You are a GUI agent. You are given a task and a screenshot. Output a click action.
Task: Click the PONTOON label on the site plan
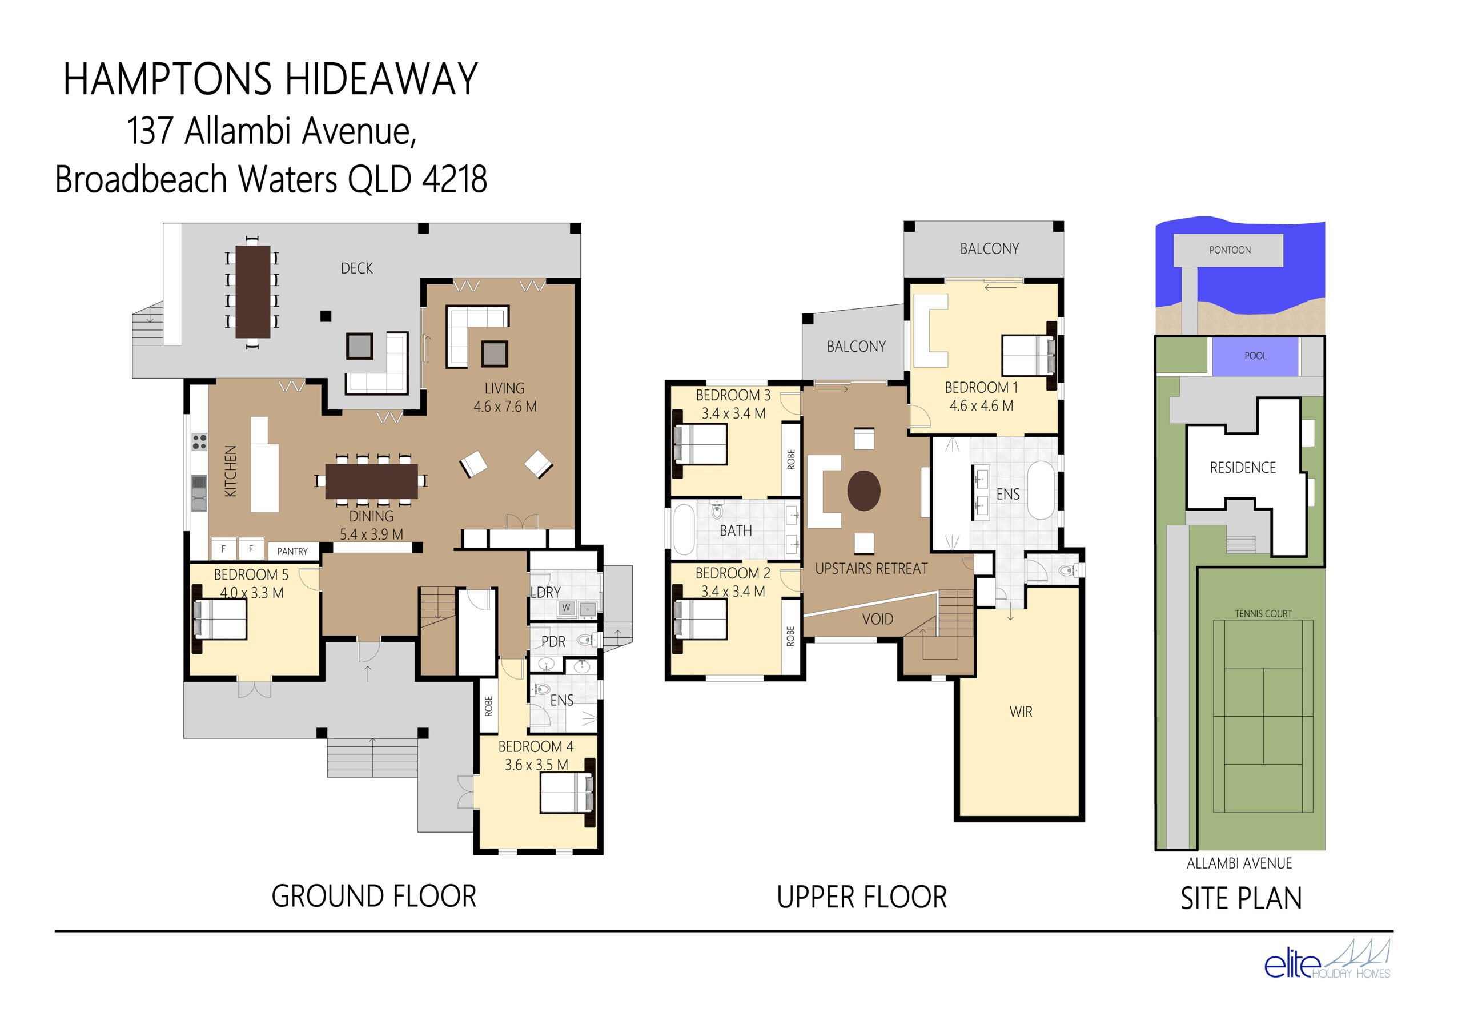[x=1230, y=250]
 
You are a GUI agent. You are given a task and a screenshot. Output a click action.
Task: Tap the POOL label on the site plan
[x=1255, y=356]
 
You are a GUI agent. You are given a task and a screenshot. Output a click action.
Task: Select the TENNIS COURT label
[x=1263, y=614]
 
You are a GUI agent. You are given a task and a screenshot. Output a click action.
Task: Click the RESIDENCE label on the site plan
[x=1242, y=468]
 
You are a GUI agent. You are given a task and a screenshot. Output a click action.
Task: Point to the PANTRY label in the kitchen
[x=292, y=552]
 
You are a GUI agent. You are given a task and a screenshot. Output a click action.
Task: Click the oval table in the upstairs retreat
[x=863, y=491]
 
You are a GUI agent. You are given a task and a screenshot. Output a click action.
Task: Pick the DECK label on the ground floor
[x=356, y=269]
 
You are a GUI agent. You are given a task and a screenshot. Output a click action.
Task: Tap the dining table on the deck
[x=253, y=292]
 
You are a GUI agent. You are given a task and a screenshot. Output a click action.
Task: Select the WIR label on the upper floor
[x=1020, y=712]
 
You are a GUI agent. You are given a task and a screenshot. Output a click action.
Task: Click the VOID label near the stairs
[x=877, y=619]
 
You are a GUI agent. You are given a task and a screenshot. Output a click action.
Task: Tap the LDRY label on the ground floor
[x=546, y=592]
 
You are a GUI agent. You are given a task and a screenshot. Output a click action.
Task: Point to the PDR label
[x=553, y=642]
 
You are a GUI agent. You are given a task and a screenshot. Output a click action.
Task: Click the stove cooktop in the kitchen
[x=199, y=442]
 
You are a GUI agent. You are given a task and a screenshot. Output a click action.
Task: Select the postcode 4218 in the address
[x=454, y=179]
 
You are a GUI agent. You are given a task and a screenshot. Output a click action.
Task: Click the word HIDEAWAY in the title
[x=381, y=79]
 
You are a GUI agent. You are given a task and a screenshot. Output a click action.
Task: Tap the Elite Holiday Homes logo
[x=1327, y=959]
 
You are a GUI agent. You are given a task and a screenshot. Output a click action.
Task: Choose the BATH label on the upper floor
[x=736, y=531]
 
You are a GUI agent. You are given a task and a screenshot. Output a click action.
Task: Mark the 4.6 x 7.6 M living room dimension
[x=504, y=407]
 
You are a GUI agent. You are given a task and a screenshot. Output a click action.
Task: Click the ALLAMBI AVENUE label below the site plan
[x=1239, y=863]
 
